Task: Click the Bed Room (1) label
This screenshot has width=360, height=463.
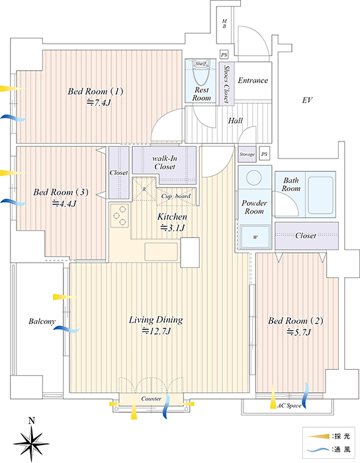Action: [x=95, y=91]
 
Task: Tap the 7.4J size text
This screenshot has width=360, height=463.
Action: [x=99, y=103]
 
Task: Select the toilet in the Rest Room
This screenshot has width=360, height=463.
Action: [x=201, y=74]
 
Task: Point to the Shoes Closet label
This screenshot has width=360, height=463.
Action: [x=227, y=84]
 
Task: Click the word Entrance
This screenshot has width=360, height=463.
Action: [x=253, y=80]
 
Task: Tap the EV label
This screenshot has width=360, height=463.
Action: [x=307, y=100]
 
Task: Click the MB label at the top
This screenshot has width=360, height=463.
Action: [x=224, y=24]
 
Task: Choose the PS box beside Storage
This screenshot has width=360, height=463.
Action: [x=264, y=154]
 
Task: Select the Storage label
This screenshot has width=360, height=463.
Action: [x=247, y=154]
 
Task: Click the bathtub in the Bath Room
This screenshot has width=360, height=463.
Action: [x=320, y=195]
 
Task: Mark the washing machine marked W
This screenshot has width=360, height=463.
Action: [x=255, y=237]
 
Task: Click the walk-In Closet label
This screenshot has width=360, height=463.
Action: [x=165, y=163]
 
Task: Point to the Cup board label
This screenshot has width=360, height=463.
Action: [x=176, y=196]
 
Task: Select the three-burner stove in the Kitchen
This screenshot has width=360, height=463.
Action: [x=120, y=216]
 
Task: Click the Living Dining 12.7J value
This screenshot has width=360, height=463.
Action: [x=156, y=331]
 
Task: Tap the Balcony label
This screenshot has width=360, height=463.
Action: [x=42, y=321]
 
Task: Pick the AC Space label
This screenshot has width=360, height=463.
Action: [x=289, y=405]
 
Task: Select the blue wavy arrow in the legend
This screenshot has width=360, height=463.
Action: [x=318, y=450]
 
